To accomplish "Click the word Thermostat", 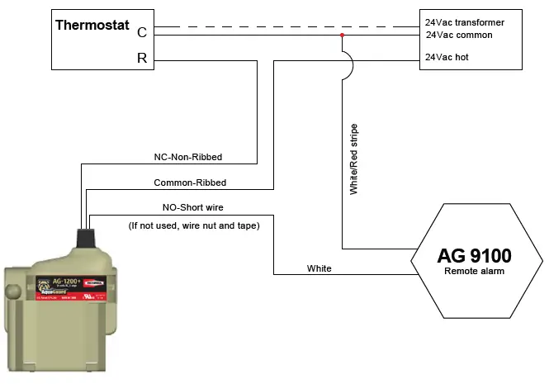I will tap(92, 25).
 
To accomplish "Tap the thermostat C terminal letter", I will tap(141, 32).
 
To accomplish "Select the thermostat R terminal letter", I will tap(141, 59).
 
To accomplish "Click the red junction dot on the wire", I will tap(342, 36).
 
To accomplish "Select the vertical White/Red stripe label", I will tap(353, 159).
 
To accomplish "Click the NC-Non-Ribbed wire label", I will tap(188, 156).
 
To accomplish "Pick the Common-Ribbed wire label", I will tap(190, 183).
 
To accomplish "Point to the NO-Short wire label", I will tap(192, 208).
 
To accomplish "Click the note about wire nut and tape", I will tap(194, 225).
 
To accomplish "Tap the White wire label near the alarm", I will tap(319, 268).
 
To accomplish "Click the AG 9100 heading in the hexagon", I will tap(474, 254).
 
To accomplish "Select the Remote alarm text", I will tap(474, 271).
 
